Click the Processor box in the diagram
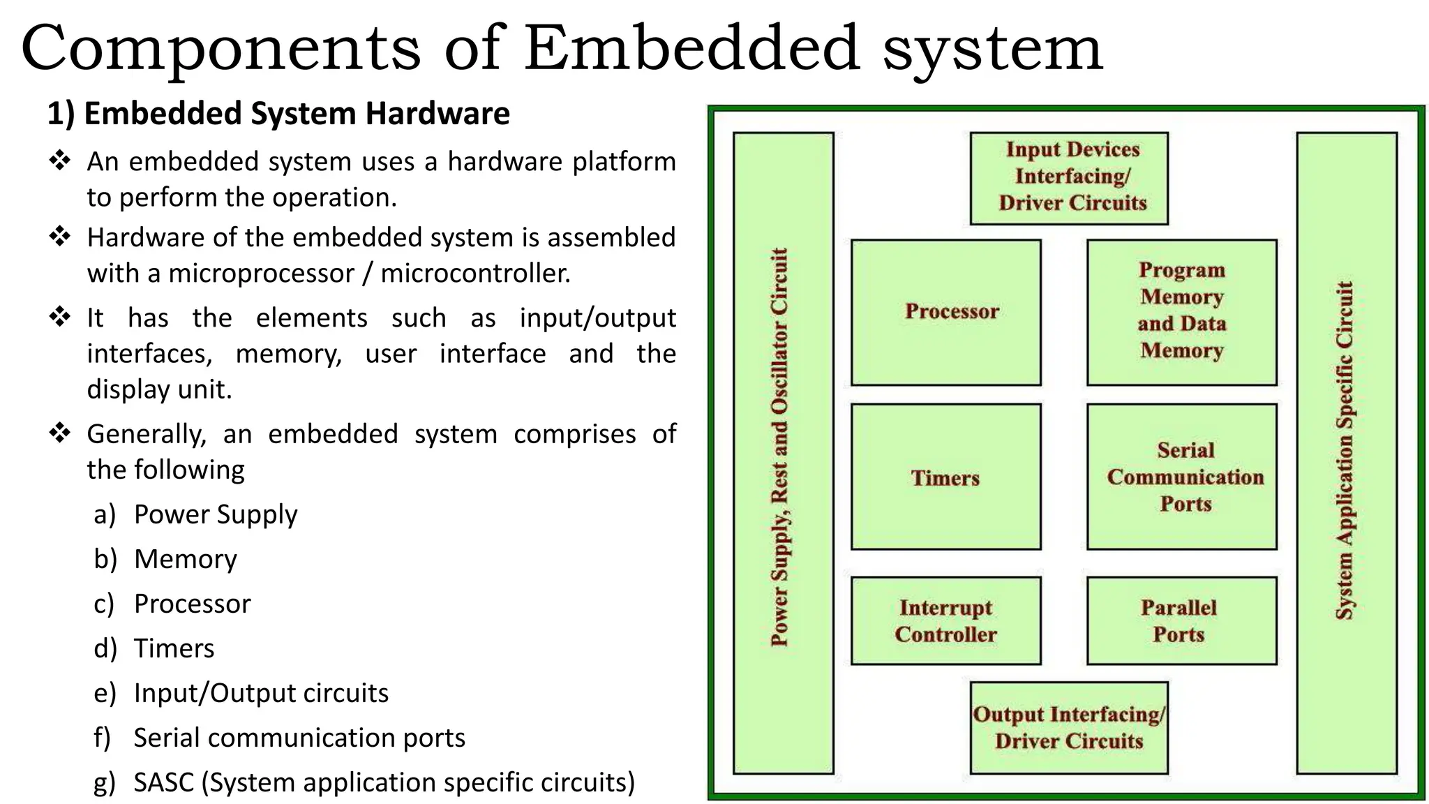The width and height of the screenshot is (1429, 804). [x=946, y=312]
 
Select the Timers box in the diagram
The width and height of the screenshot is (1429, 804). [x=946, y=477]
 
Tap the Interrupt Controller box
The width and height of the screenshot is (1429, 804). [x=946, y=620]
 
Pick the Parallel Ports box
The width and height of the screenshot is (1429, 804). [x=1181, y=620]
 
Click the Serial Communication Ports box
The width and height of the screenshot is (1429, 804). [x=1181, y=477]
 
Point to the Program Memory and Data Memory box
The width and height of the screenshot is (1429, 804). [x=1181, y=312]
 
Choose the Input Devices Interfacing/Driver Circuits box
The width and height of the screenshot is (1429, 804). [x=1069, y=177]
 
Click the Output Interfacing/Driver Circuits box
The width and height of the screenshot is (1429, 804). [x=1069, y=727]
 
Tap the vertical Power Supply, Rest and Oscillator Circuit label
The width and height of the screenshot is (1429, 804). [x=780, y=447]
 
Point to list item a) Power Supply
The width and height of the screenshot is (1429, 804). [x=215, y=514]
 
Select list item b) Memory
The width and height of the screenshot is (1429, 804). [x=185, y=559]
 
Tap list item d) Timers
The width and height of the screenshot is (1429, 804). [x=174, y=648]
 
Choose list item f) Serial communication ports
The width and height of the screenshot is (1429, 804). [x=299, y=738]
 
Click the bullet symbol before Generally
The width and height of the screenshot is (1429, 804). [x=61, y=433]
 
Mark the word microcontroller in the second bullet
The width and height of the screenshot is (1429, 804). [x=475, y=273]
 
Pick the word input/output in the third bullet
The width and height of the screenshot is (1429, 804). [x=597, y=318]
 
